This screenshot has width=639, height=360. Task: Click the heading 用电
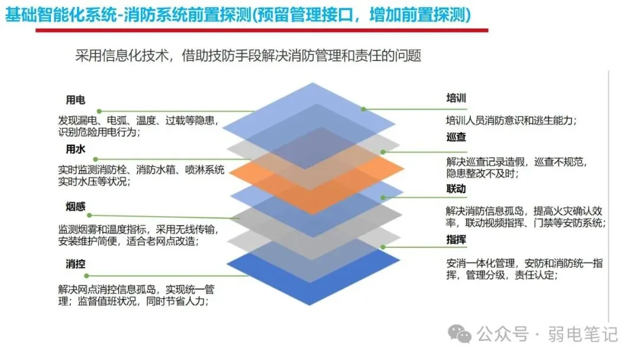coord(75,100)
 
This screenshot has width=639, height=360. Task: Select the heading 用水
coord(75,149)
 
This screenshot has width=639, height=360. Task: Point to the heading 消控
coord(75,264)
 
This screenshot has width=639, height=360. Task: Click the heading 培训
coord(456,98)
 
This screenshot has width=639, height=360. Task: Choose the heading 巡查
coord(456,137)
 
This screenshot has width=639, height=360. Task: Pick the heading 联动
coord(456,189)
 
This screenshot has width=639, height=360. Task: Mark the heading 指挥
coord(456,240)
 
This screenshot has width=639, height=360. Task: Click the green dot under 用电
coord(99,111)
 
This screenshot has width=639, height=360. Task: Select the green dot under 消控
coord(88,276)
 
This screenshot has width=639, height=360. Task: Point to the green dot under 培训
coord(363,110)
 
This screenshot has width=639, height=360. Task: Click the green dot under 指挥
coord(383,246)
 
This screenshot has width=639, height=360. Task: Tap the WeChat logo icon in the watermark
coord(460,335)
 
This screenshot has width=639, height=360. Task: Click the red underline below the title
coord(261,30)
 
